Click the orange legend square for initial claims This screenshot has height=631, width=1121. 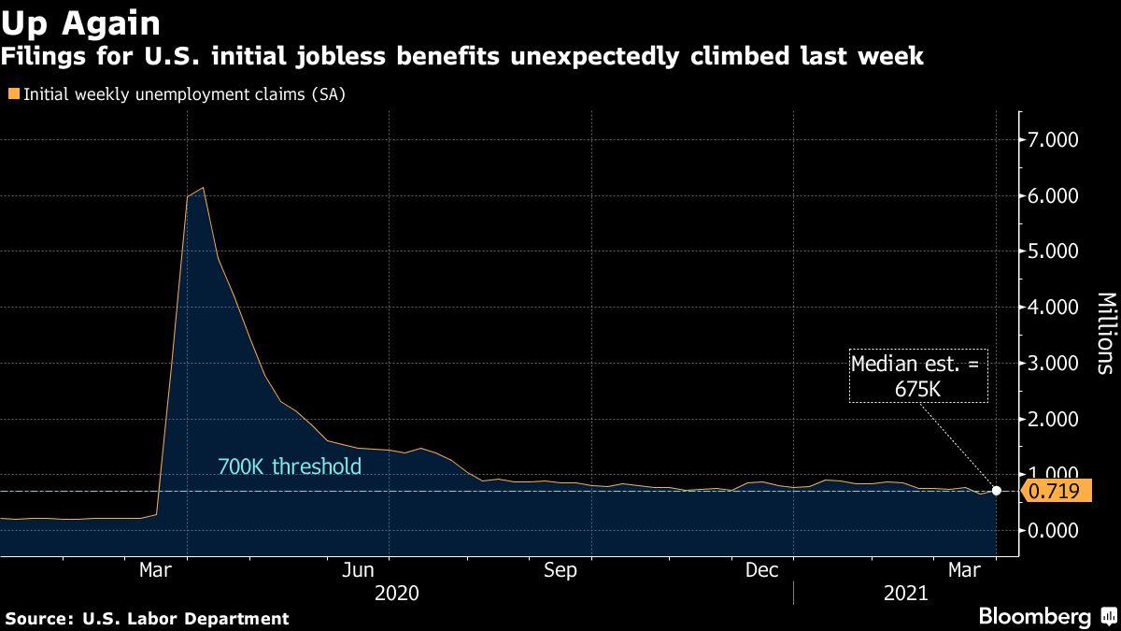tap(13, 94)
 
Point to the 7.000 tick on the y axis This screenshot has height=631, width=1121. tap(1054, 140)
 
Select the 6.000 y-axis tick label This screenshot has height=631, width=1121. tap(1054, 196)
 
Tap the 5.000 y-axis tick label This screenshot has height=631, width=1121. tap(1054, 251)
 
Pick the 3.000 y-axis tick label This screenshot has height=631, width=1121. tap(1054, 363)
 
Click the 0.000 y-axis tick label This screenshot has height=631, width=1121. tap(1054, 530)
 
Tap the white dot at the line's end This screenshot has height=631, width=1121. tap(997, 491)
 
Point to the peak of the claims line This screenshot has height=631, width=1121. tap(203, 188)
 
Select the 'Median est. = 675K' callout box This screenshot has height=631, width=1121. tap(917, 376)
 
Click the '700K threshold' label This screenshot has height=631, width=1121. tap(289, 466)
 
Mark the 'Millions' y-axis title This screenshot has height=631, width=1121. tap(1105, 334)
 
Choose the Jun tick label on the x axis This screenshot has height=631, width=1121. tap(359, 570)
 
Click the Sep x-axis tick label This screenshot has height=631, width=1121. tap(560, 570)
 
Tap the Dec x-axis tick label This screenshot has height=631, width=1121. tap(762, 570)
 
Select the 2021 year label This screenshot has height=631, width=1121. tap(904, 593)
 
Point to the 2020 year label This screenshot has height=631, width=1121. tap(396, 593)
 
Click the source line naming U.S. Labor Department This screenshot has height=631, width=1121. tap(148, 618)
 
